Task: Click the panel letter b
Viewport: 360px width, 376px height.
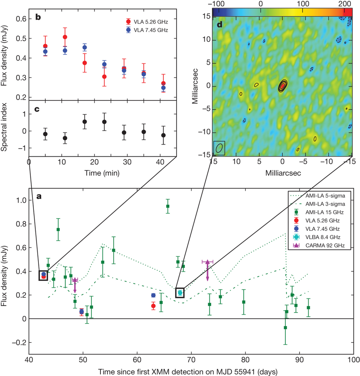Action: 39,17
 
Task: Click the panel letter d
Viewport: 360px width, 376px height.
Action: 220,25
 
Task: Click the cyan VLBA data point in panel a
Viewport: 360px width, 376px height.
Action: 180,293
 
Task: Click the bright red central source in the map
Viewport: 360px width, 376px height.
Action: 282,86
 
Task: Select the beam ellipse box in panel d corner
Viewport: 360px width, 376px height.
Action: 219,148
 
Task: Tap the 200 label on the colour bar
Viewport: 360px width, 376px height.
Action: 344,3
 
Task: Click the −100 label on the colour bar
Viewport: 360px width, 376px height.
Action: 219,3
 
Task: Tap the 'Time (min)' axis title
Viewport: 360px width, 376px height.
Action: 103,173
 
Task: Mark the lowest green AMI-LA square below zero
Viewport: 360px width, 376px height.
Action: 285,328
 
